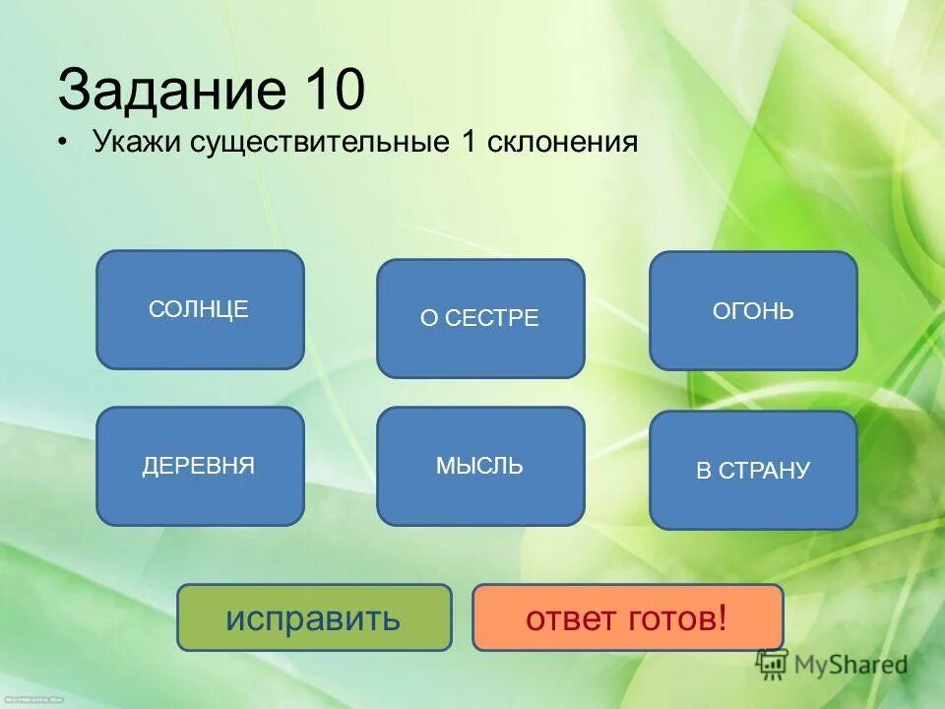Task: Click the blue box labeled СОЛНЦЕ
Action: [200, 309]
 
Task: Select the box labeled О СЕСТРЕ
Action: [480, 318]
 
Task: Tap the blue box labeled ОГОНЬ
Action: [753, 311]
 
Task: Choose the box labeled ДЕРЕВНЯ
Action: [200, 466]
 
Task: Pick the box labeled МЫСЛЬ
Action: [480, 466]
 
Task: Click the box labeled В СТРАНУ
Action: [753, 470]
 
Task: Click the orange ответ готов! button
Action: [628, 617]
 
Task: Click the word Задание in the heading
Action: [167, 92]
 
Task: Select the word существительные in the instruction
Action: [321, 142]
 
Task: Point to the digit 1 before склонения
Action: [469, 142]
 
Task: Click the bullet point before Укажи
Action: [64, 143]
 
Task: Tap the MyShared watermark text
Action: [852, 666]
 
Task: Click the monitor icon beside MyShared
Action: [773, 664]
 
